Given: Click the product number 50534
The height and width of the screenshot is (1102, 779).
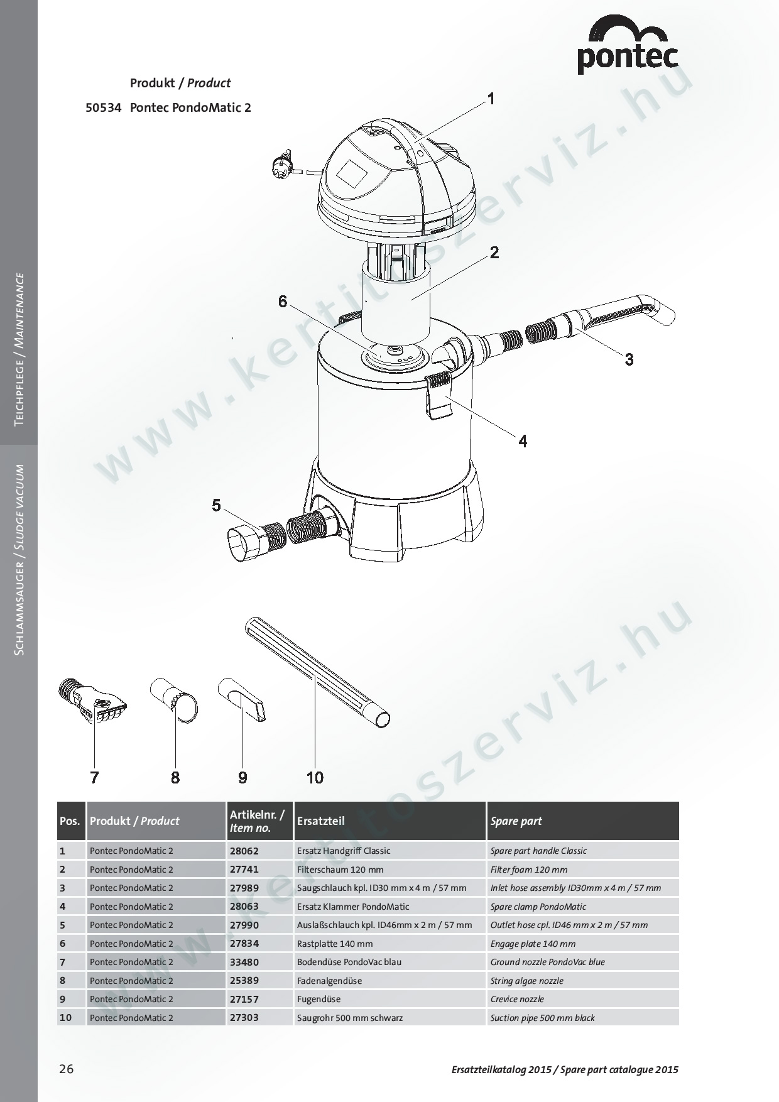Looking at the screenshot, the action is [x=103, y=107].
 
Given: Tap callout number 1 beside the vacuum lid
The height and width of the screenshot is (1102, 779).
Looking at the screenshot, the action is [x=491, y=99].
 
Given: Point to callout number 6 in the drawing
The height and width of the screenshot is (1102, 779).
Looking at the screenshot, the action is [x=283, y=302].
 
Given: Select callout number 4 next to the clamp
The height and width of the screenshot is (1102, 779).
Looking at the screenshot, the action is [x=523, y=441].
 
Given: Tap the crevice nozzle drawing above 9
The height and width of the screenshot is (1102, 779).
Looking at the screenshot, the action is [x=242, y=699].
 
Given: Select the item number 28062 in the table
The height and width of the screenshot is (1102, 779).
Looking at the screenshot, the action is [x=244, y=851].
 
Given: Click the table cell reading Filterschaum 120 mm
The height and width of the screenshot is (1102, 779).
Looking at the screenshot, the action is [x=340, y=870].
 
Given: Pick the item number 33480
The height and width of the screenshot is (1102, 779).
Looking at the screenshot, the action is [x=244, y=962].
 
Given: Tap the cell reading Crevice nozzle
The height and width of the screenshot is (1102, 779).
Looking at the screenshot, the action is [x=517, y=999].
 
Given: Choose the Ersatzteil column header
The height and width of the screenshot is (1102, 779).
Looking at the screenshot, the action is [x=320, y=821].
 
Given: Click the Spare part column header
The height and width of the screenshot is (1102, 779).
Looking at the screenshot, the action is [x=516, y=821].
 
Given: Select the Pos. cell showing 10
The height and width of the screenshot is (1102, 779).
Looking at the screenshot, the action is [x=65, y=1017].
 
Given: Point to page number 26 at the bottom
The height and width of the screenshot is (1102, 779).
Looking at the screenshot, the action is [x=66, y=1069].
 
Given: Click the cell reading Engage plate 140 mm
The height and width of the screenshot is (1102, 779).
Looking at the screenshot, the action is [x=533, y=944].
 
